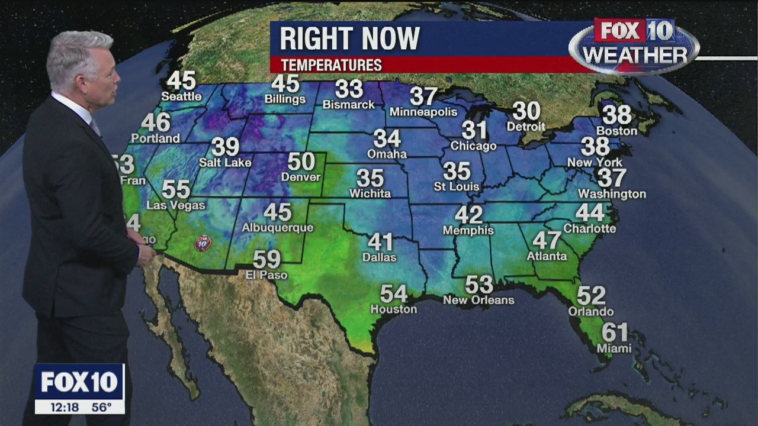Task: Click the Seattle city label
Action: coord(181,96)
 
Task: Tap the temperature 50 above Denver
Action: coord(301,162)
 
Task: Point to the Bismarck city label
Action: coord(349,105)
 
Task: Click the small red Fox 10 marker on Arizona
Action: coord(203,243)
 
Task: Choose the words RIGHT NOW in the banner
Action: coord(349,39)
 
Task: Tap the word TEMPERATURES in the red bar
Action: coord(331,65)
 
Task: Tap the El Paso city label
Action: coord(266,275)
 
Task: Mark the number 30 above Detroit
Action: coord(526,111)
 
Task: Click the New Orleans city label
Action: coord(478,301)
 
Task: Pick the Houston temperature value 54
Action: coord(394,294)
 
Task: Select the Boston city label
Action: coord(616,131)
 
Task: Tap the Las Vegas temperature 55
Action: coord(176,190)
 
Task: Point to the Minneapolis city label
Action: coord(423,112)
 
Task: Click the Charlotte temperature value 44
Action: coord(590,213)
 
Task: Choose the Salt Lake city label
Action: coord(225,162)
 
